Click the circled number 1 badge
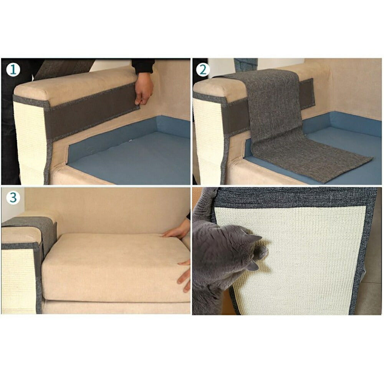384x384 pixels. tap(13, 70)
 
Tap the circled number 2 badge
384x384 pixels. tap(203, 70)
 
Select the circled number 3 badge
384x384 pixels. tap(13, 198)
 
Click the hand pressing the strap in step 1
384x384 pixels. tap(144, 89)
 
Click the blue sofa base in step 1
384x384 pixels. tap(127, 157)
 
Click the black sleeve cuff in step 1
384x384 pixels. tap(143, 66)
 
